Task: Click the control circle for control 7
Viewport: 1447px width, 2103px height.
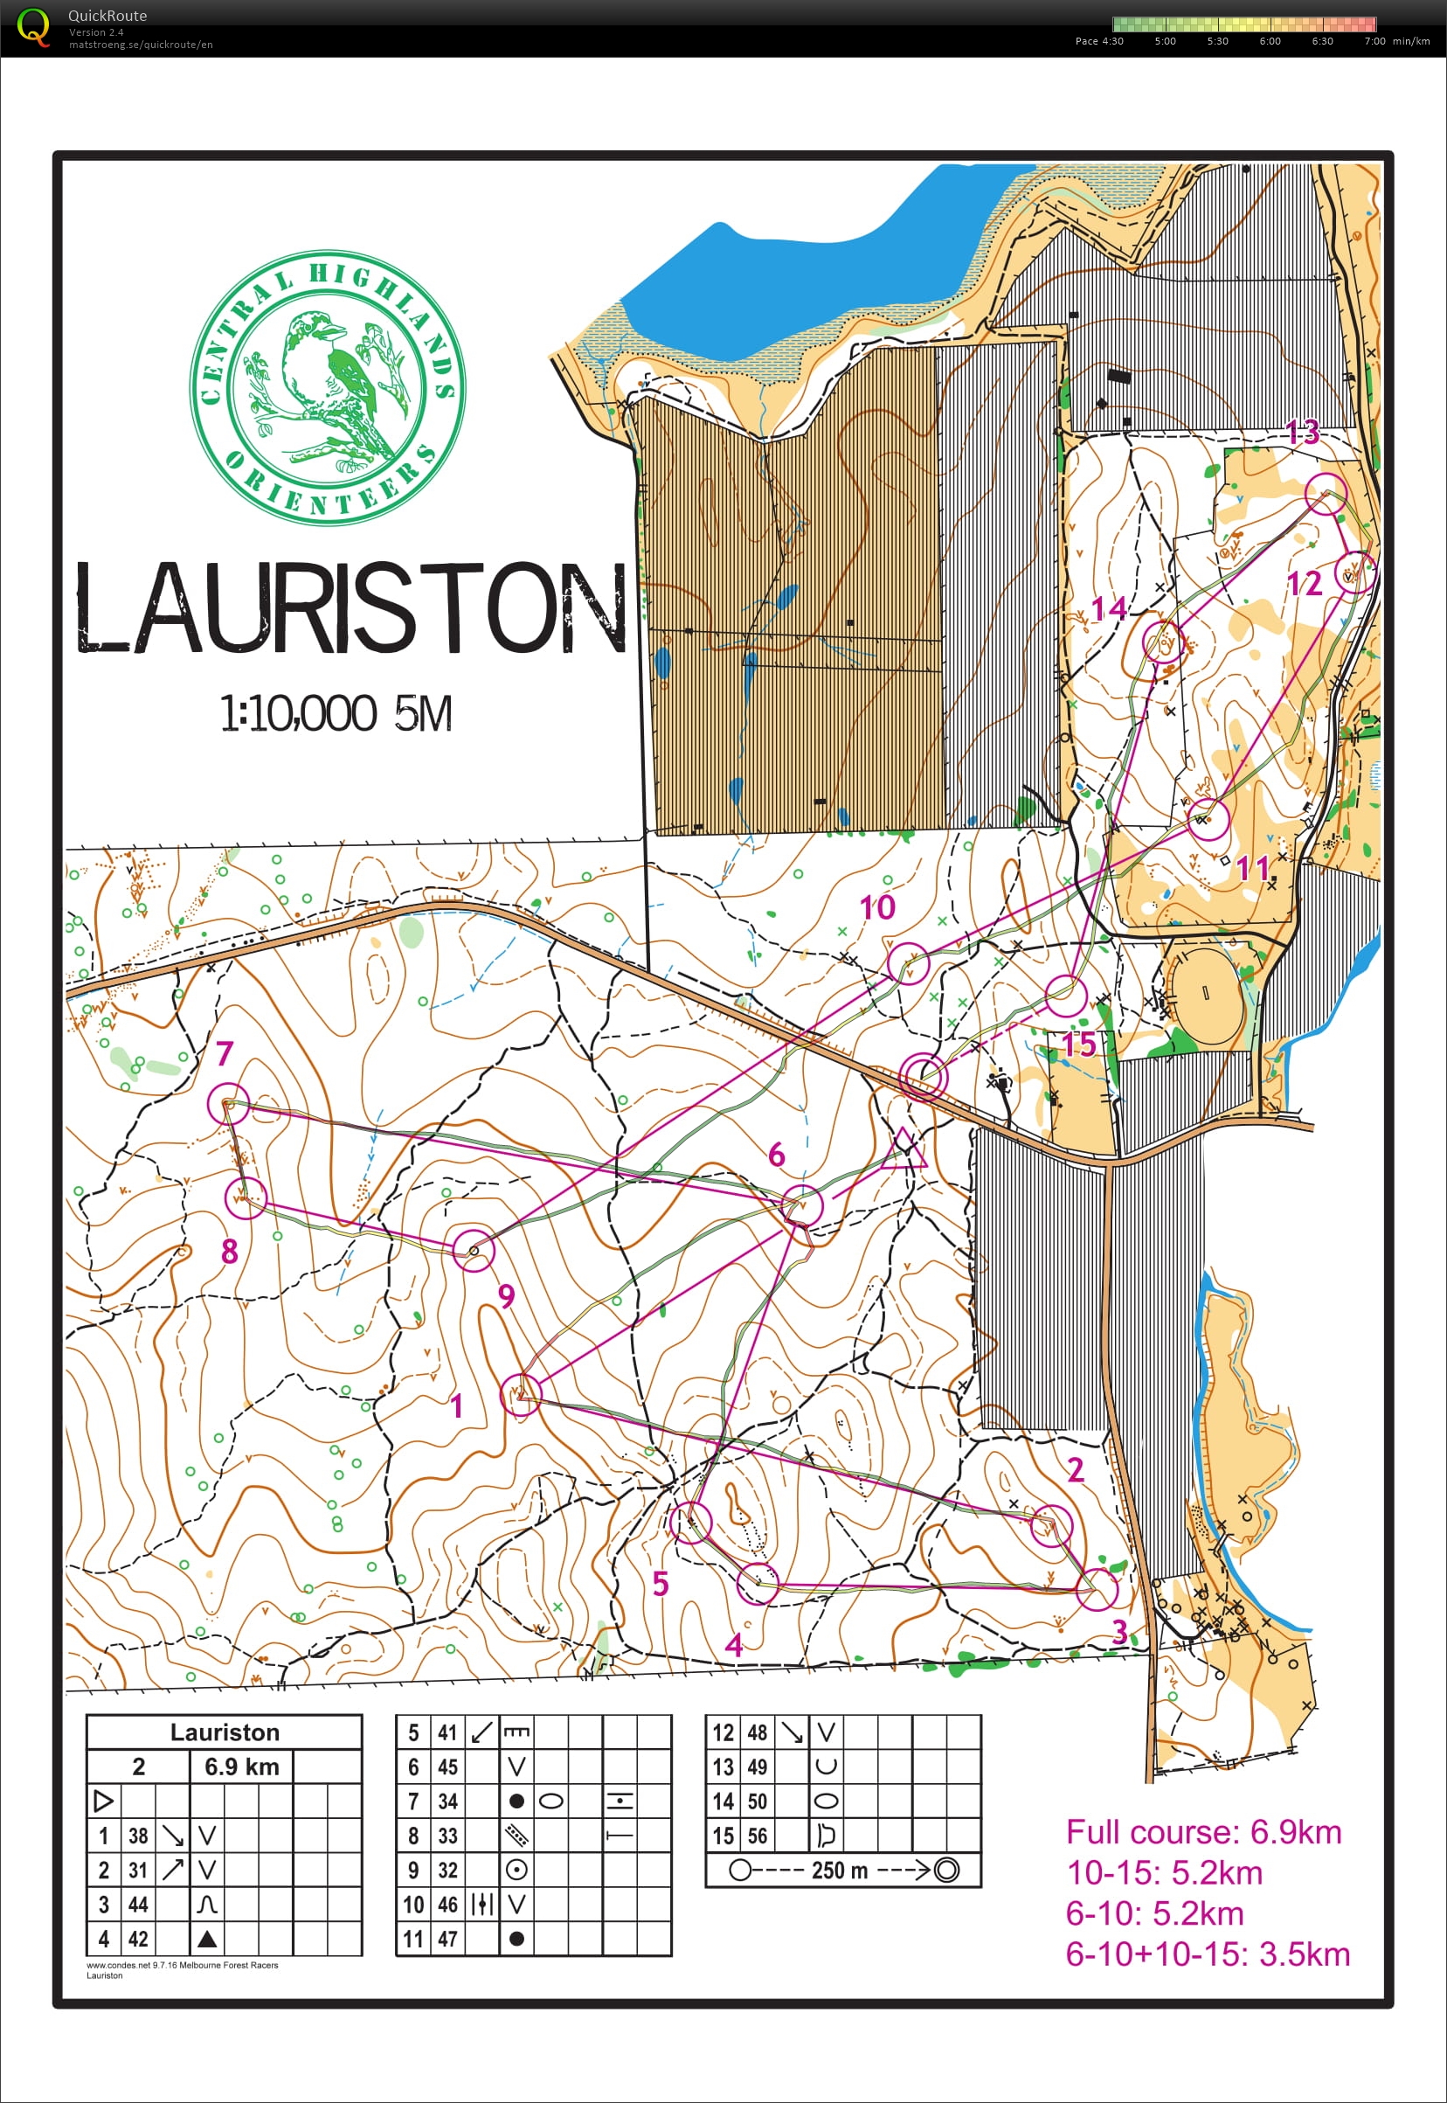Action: [x=227, y=1104]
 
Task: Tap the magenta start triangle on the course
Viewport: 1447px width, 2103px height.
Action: [x=906, y=1150]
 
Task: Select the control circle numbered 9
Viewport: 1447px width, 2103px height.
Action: [x=474, y=1251]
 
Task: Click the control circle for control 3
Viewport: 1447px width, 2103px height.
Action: [x=1098, y=1589]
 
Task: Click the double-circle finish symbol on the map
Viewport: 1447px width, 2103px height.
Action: [x=923, y=1078]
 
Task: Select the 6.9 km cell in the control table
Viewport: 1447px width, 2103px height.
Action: [x=241, y=1766]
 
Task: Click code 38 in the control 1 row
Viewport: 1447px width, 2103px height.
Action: [x=138, y=1836]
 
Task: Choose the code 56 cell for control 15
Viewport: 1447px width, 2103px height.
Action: [x=757, y=1836]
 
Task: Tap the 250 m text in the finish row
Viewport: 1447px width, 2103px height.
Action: [x=840, y=1870]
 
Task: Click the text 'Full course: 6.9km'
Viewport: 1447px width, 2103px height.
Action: [x=1203, y=1832]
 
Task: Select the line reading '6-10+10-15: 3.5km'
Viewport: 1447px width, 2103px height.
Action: [x=1207, y=1954]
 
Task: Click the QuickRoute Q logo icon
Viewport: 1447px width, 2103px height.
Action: [x=33, y=26]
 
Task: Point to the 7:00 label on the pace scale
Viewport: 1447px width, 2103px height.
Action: [x=1374, y=41]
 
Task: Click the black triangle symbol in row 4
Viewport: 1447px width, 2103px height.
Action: [x=207, y=1939]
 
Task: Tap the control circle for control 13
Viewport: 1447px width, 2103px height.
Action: [x=1326, y=493]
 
